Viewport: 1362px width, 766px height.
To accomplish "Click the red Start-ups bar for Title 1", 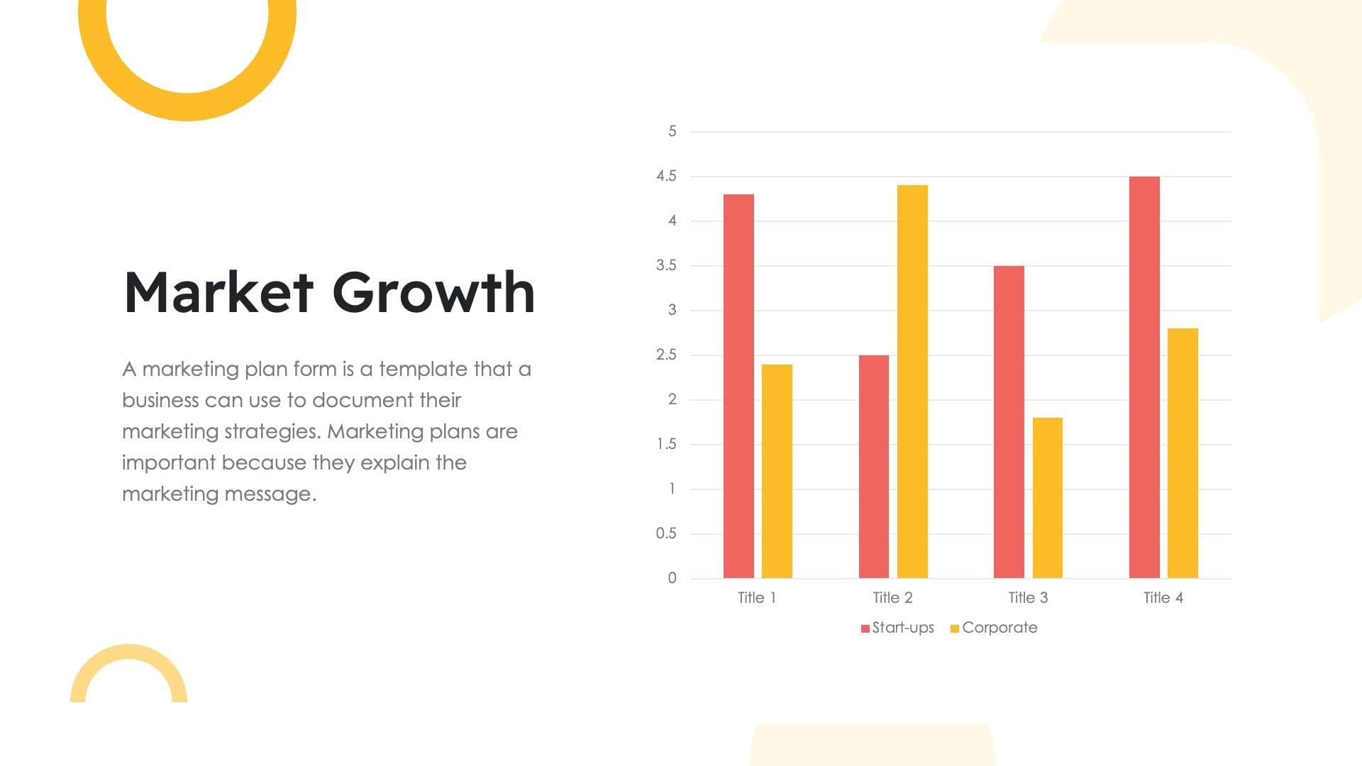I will (x=738, y=387).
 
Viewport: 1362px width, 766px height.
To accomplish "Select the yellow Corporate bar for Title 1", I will (x=777, y=471).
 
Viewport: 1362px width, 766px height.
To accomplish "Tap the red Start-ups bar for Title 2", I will (x=873, y=467).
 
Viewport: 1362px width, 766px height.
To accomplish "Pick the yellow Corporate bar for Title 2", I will (x=912, y=382).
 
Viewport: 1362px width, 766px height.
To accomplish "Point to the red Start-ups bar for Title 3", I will (x=1009, y=422).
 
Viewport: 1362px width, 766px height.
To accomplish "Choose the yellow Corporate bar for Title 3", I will (x=1047, y=498).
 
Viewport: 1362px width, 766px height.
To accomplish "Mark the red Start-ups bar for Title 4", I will (x=1144, y=377).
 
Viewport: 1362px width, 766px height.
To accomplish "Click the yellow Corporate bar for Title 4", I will (x=1183, y=453).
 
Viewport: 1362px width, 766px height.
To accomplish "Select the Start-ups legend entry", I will (x=897, y=628).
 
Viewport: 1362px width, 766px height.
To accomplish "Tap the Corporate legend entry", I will (x=994, y=628).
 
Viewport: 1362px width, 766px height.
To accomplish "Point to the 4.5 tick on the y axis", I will (x=666, y=176).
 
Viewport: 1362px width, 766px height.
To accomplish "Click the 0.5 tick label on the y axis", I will (x=666, y=533).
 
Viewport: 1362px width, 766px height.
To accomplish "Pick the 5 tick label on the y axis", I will (x=672, y=131).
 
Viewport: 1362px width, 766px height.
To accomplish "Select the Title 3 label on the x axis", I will (x=1028, y=598).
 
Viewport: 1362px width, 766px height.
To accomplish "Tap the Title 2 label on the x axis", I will (x=892, y=598).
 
